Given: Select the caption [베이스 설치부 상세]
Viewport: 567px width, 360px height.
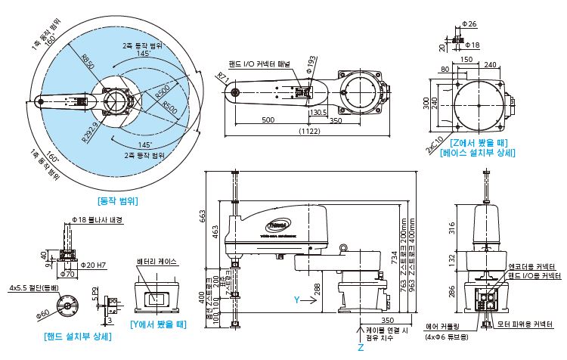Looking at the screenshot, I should click(x=479, y=153).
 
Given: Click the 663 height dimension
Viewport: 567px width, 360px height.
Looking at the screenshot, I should click(x=203, y=218).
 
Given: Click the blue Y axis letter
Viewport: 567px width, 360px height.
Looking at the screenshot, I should click(x=297, y=299).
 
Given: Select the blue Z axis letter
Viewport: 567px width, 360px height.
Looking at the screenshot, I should click(x=361, y=349).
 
